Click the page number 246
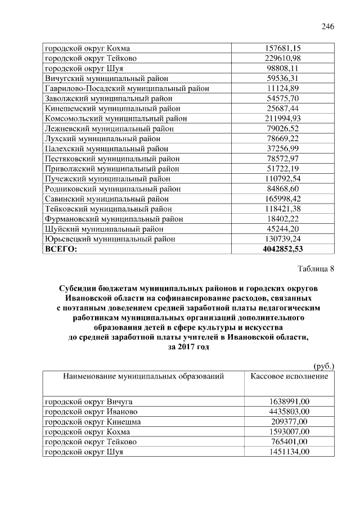pos(328,26)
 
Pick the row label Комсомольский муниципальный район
pos(116,119)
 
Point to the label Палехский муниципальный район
pos(106,148)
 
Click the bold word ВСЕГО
pos(61,249)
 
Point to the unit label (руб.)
pos(323,366)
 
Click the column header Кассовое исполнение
pos(289,376)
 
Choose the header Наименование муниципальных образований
pos(143,376)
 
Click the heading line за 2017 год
pos(188,347)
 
